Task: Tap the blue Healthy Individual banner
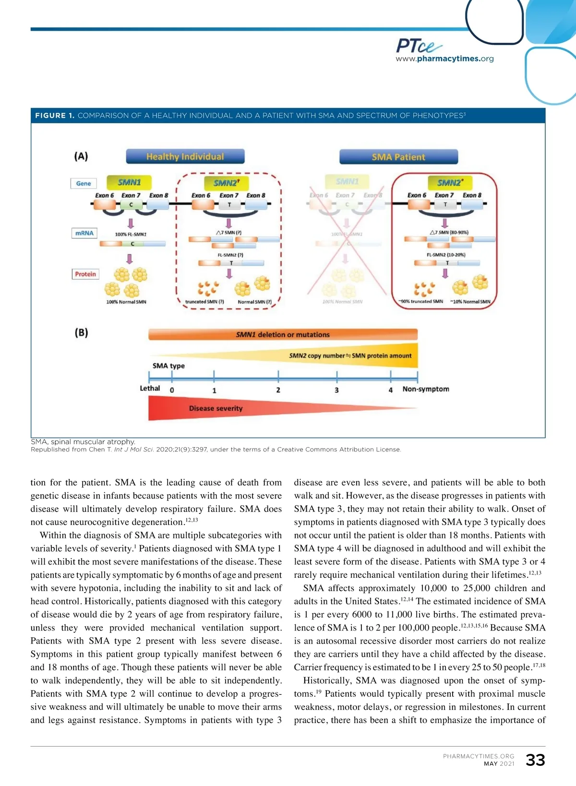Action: [185, 156]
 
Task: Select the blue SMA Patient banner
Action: [398, 157]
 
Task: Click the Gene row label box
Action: [84, 183]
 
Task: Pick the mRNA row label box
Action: [84, 233]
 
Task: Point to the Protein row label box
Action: [85, 274]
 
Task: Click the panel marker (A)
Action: [81, 156]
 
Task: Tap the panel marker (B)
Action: [81, 333]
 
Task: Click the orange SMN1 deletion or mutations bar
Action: [283, 334]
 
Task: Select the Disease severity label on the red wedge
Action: [216, 408]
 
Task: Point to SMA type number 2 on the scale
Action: [278, 390]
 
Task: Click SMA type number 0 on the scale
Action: [172, 390]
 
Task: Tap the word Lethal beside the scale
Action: [150, 388]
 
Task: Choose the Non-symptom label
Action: [426, 389]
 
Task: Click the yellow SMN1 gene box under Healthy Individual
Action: [129, 182]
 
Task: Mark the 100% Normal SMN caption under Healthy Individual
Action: [126, 302]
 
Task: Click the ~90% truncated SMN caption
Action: [420, 301]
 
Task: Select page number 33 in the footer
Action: [535, 760]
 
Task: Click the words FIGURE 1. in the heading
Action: [55, 116]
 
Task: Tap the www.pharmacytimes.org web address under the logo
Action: [444, 59]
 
